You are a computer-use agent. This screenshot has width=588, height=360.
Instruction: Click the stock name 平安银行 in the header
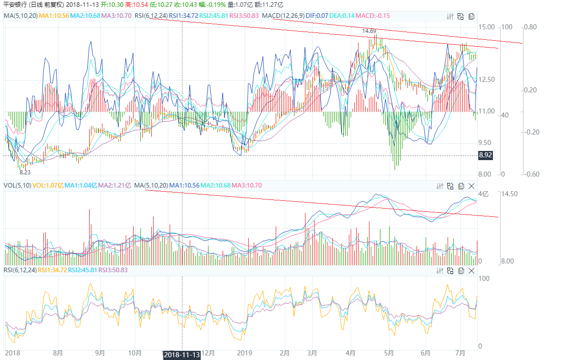(x=14, y=4)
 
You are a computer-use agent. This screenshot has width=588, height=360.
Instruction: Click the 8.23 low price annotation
(x=25, y=172)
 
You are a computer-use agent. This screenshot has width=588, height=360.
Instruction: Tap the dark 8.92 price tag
(x=485, y=156)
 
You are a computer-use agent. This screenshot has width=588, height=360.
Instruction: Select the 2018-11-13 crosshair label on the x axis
(x=182, y=355)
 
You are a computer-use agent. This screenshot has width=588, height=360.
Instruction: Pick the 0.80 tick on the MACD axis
(x=530, y=27)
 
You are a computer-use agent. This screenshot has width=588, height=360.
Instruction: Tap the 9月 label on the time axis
(x=100, y=353)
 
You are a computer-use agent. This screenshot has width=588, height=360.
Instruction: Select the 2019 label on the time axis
(x=245, y=353)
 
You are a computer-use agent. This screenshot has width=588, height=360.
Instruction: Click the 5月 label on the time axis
(x=389, y=353)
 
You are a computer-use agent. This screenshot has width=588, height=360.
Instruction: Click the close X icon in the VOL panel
(x=471, y=186)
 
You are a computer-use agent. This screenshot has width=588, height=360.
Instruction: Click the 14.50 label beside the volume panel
(x=509, y=194)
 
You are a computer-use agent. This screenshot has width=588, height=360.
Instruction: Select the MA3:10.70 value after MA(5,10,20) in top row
(x=117, y=16)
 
